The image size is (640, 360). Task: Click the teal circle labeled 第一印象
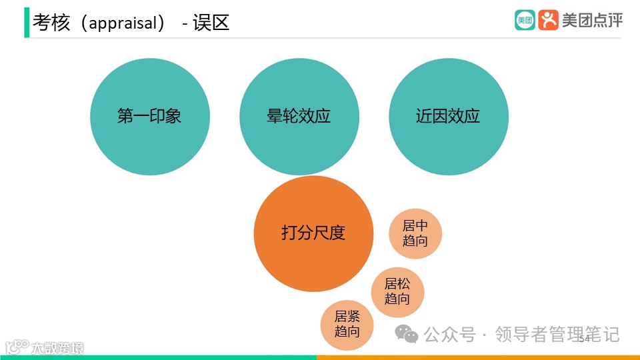click(149, 117)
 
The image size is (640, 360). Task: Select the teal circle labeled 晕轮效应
click(299, 117)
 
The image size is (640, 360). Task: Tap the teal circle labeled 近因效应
click(448, 117)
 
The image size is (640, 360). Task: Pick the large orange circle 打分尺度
click(313, 233)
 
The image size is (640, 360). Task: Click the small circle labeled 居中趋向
click(415, 233)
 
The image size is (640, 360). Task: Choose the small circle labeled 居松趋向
click(397, 291)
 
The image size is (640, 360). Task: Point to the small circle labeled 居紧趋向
click(347, 324)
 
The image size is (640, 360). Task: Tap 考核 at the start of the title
click(51, 23)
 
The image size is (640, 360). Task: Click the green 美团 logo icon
click(525, 20)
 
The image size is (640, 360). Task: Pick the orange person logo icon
click(548, 20)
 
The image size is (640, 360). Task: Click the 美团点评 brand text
click(592, 20)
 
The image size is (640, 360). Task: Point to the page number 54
click(585, 339)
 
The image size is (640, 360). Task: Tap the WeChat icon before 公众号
click(406, 333)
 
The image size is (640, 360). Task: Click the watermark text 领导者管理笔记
click(557, 333)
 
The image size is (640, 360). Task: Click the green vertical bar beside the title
click(27, 23)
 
